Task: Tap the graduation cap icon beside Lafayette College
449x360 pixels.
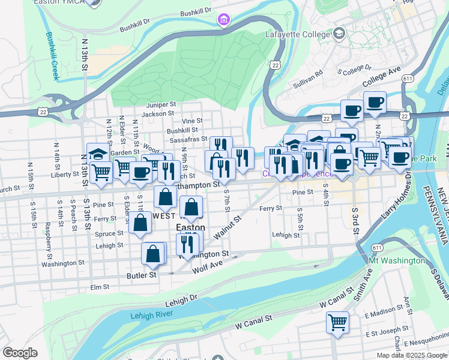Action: pos(340,34)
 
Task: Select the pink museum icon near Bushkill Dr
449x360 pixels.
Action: pos(223,20)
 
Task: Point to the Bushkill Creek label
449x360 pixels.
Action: pos(53,55)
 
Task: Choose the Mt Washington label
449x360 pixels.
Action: pos(397,260)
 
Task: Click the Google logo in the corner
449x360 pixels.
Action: pos(20,353)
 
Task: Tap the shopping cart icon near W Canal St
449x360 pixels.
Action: pos(338,322)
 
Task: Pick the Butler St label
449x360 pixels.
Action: pos(141,274)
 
